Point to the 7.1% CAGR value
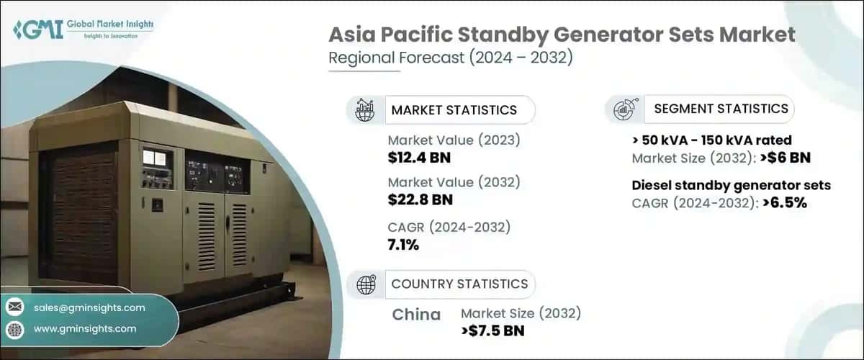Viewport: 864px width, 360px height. [403, 244]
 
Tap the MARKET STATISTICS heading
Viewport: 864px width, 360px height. [454, 110]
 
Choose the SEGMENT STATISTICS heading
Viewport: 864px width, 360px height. [721, 109]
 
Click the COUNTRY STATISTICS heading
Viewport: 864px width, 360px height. [459, 284]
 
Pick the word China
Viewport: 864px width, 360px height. [416, 315]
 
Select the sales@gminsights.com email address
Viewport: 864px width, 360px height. [89, 307]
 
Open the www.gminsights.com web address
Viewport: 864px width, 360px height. [85, 328]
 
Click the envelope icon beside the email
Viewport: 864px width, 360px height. [14, 307]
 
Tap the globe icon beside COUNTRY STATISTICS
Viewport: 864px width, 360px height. [366, 284]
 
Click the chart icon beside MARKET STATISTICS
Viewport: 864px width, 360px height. [365, 110]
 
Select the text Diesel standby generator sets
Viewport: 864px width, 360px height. [731, 186]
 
